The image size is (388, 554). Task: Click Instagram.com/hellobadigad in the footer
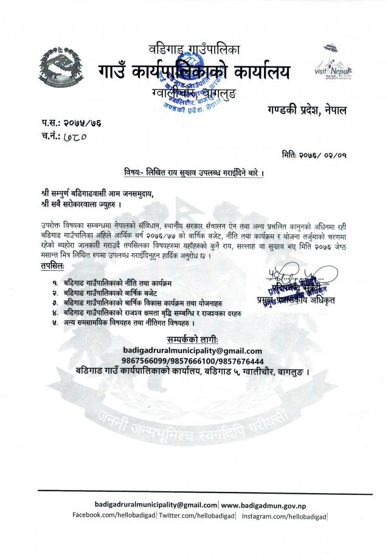point(285,516)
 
